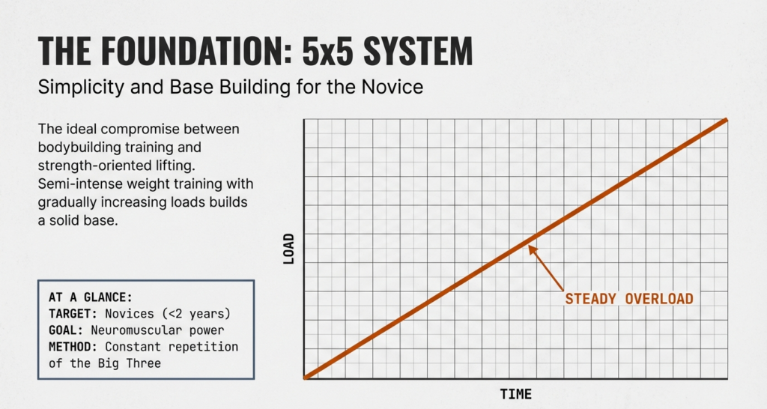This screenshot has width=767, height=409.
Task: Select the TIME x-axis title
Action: [x=516, y=394]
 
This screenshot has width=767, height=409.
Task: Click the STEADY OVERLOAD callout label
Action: [x=629, y=299]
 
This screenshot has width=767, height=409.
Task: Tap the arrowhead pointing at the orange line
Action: [x=532, y=249]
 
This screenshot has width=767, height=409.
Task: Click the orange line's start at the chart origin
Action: [x=306, y=377]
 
